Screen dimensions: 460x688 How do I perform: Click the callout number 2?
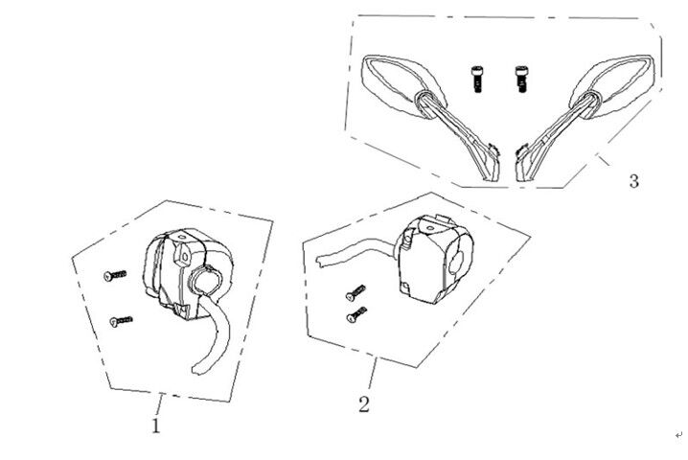[x=363, y=403]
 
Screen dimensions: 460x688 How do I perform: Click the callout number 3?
[x=633, y=181]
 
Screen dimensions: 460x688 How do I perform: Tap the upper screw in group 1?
[x=115, y=275]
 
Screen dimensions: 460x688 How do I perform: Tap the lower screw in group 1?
[x=122, y=321]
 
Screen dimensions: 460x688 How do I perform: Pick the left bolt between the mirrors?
[x=475, y=76]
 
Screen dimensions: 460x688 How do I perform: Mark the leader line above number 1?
[x=160, y=401]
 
